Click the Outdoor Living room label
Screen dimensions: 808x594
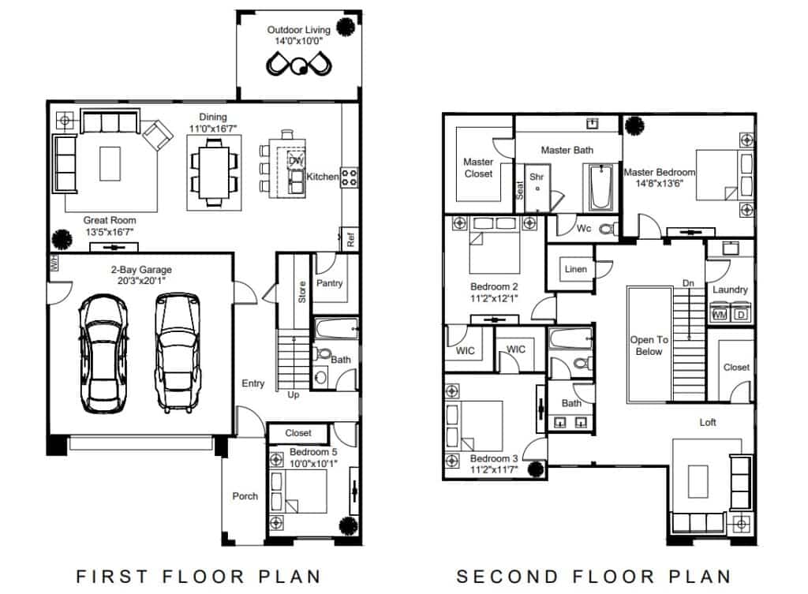point(298,30)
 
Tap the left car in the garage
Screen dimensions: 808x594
point(103,353)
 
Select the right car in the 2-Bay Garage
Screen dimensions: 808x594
point(178,353)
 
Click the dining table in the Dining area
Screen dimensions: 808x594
point(214,173)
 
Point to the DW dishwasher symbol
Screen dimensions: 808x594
point(297,161)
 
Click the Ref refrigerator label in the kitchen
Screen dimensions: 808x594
point(350,239)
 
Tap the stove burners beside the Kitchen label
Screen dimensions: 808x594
point(349,177)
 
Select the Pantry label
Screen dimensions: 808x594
point(329,283)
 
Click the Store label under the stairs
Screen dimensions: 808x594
point(302,292)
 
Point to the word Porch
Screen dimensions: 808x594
point(245,496)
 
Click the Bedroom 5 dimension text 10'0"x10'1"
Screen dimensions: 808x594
point(313,463)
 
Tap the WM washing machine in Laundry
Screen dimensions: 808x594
point(720,314)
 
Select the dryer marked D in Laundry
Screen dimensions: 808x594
point(741,314)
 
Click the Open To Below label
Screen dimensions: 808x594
point(649,346)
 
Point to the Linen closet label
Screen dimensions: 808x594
point(575,269)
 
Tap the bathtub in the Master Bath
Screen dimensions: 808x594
point(600,187)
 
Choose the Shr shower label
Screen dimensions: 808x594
point(537,177)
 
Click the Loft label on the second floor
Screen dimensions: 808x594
point(708,423)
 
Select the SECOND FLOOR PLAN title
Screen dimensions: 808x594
point(593,577)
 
